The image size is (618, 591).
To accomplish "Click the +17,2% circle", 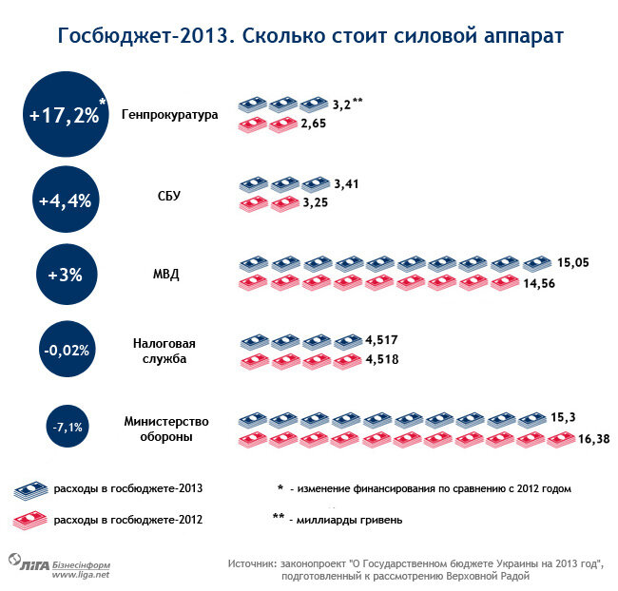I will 65,116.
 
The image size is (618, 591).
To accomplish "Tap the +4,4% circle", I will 65,200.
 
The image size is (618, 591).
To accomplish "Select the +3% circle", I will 65,276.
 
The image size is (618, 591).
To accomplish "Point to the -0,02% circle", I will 66,350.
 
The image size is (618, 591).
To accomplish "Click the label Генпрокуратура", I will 170,116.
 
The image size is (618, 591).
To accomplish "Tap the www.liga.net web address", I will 81,574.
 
